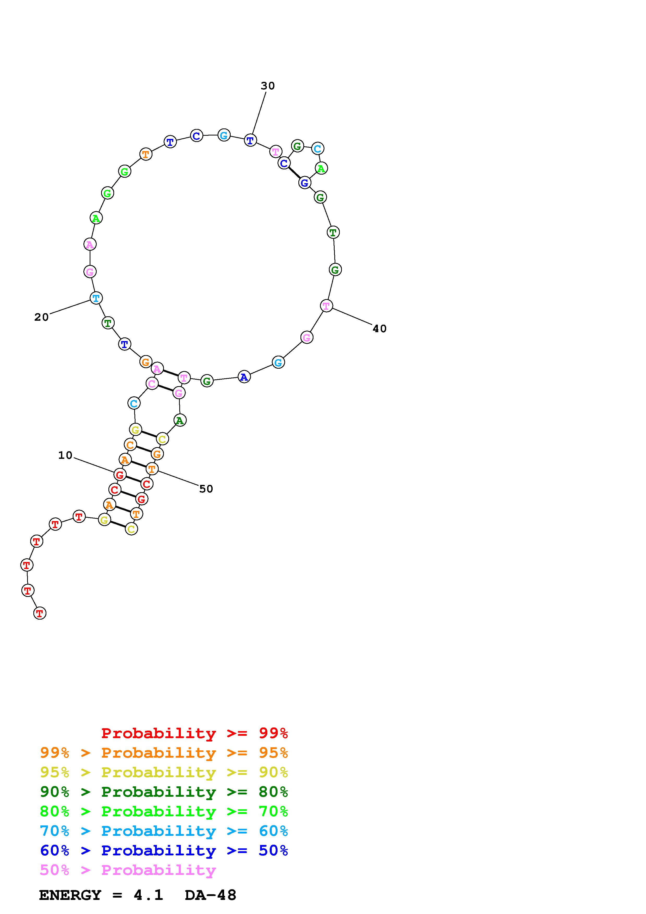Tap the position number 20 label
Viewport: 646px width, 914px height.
pos(41,317)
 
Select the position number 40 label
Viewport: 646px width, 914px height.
pos(379,328)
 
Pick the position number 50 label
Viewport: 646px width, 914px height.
pos(206,489)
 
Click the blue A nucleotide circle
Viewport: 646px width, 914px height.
pos(244,376)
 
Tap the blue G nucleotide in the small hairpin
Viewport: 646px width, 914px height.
pos(304,183)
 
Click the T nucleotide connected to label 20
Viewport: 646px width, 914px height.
pos(96,298)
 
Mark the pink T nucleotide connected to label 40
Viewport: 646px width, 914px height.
pos(326,306)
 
